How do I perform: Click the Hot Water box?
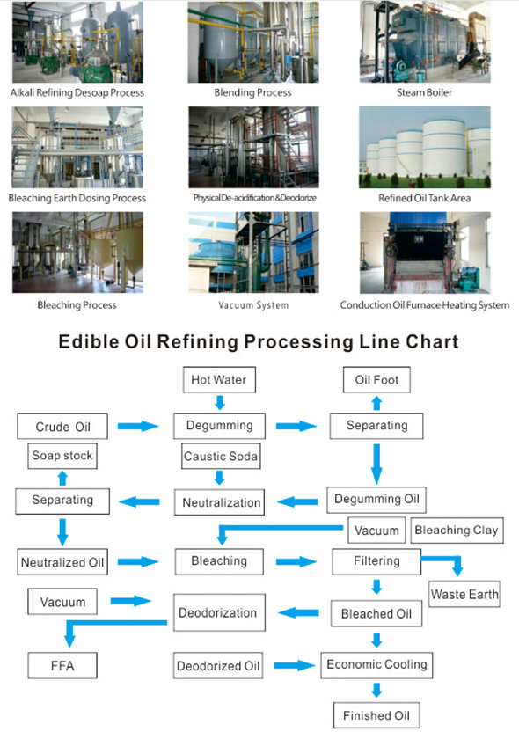219,379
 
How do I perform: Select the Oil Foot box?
376,379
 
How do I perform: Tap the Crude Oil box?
62,426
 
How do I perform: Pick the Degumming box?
219,426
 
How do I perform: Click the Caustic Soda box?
221,456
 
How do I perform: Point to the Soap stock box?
62,456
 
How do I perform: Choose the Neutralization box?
219,502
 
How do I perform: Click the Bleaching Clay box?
457,531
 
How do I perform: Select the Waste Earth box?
464,594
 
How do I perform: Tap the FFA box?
62,665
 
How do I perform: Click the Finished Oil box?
376,715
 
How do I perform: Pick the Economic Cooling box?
376,665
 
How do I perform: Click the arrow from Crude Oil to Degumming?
138,426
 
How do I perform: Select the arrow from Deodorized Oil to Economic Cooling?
295,665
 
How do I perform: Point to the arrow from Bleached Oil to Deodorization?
299,612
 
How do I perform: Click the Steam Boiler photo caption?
424,92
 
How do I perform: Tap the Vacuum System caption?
253,305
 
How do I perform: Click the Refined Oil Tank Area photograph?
425,147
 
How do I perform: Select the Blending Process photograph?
253,42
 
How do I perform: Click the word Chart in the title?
432,341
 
